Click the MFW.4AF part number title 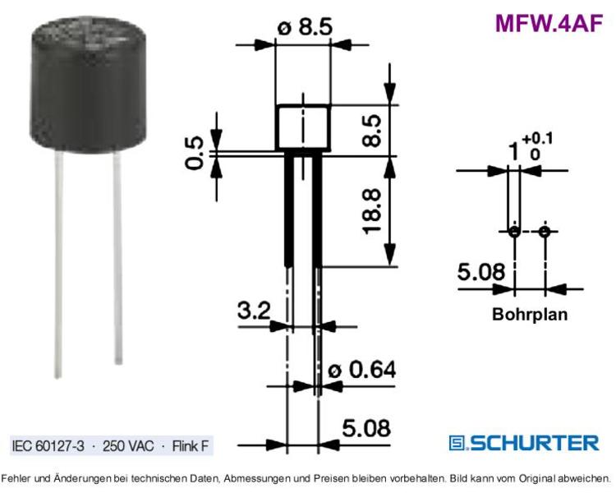[x=549, y=24]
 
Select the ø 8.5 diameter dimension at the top [x=305, y=27]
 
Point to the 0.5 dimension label [x=194, y=153]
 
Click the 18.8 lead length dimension [x=371, y=211]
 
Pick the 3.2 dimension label [x=254, y=310]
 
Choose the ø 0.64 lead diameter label [x=362, y=370]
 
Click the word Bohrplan [x=530, y=314]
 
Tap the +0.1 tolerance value [x=537, y=138]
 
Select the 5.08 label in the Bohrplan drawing [x=481, y=272]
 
